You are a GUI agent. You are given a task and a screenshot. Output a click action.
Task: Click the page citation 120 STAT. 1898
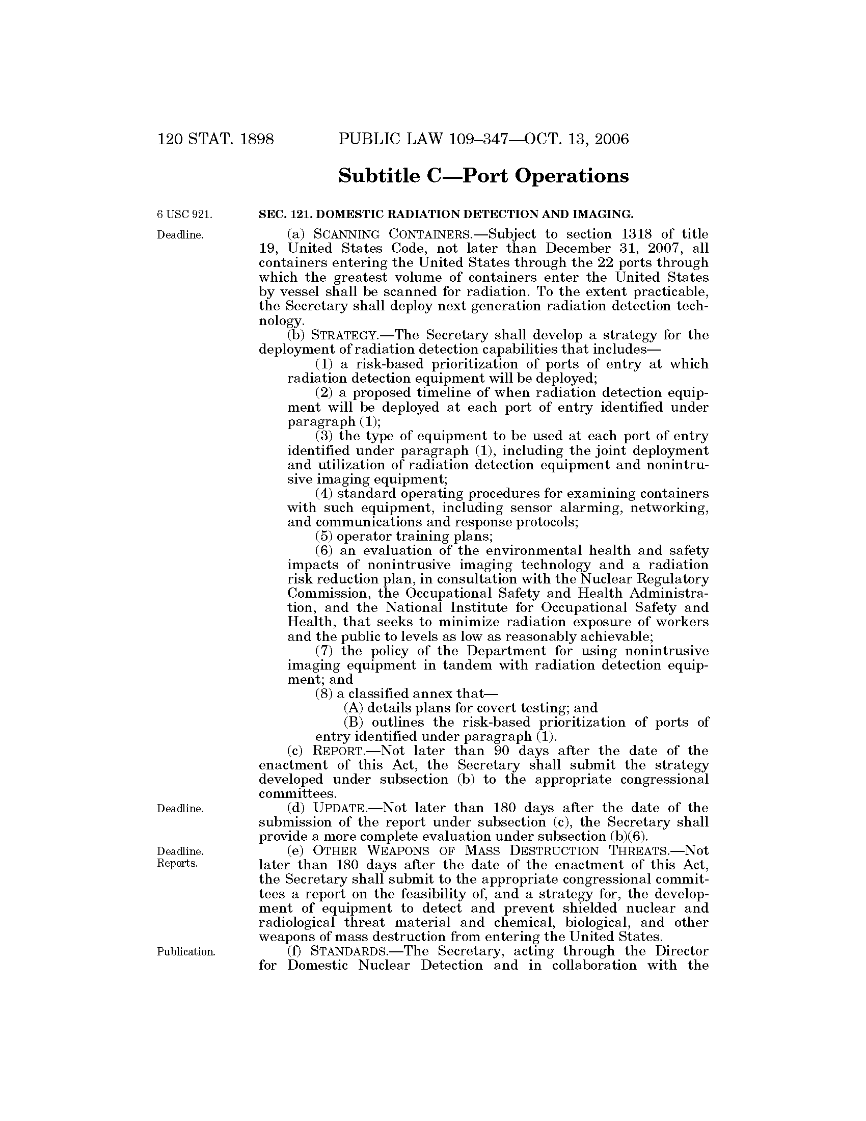[216, 139]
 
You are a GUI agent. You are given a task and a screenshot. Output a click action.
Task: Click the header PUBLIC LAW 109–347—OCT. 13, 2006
[483, 139]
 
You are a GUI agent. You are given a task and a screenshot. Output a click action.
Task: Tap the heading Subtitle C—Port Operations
[483, 176]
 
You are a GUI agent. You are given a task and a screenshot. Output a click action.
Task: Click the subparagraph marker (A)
[353, 708]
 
